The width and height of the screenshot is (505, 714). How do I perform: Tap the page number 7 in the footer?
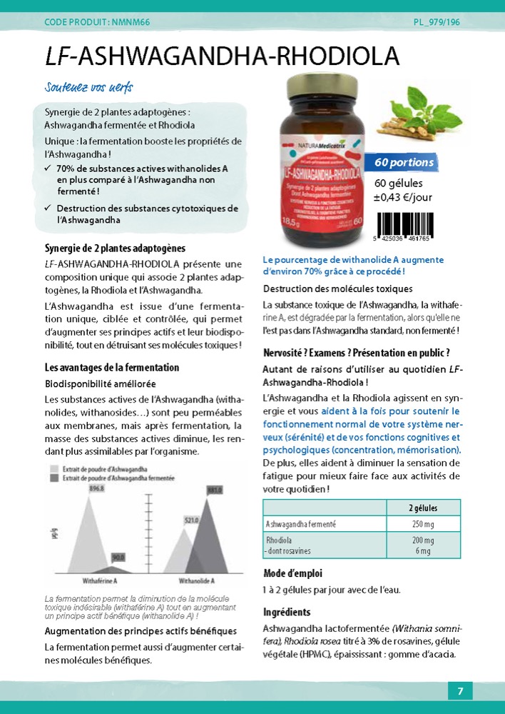click(x=460, y=690)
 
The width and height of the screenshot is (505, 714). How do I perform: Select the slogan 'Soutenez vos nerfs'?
click(x=88, y=88)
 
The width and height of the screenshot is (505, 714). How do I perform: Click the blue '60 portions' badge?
click(x=404, y=163)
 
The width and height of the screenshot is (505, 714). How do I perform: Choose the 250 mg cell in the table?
click(x=423, y=524)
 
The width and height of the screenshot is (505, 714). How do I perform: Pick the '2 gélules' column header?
click(x=423, y=508)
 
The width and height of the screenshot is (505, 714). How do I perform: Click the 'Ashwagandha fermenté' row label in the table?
click(x=301, y=524)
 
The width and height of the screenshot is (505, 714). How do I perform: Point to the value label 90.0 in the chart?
click(x=118, y=557)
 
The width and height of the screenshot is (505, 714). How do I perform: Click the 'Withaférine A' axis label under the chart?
click(x=98, y=580)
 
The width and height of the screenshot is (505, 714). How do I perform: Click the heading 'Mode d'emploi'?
click(x=292, y=573)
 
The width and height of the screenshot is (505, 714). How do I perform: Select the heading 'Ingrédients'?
click(x=287, y=612)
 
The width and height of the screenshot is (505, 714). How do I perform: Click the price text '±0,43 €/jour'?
click(x=403, y=198)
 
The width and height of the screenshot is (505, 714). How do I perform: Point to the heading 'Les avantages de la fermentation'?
click(x=112, y=368)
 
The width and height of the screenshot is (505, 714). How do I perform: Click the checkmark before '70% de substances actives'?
click(x=46, y=168)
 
